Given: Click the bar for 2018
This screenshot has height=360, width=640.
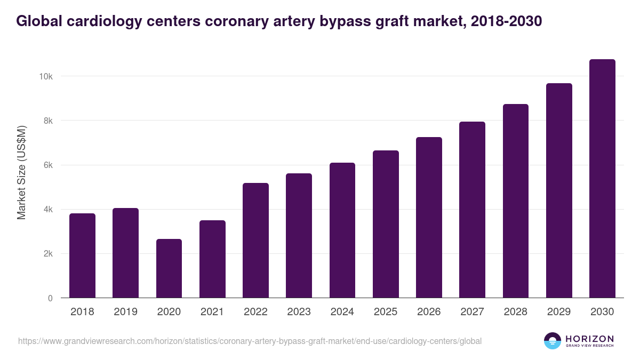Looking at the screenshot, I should (x=82, y=256).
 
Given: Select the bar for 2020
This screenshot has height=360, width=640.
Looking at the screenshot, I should (x=169, y=269).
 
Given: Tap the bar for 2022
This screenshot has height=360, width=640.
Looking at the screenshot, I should (x=255, y=241).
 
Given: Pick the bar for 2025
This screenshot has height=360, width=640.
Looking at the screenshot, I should (x=386, y=225).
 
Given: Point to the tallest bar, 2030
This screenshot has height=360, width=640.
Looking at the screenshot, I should (x=602, y=179).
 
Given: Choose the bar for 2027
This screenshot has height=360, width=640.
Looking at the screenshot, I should (x=472, y=210).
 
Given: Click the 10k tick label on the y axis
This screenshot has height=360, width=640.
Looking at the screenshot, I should (x=46, y=76).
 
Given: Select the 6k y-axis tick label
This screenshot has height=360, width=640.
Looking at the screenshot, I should (x=47, y=165).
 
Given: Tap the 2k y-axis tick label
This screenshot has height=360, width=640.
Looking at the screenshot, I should (x=47, y=254).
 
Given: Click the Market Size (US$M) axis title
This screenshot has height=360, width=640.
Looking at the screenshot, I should (x=21, y=172).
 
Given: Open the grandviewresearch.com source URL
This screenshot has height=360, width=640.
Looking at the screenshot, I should (x=250, y=341).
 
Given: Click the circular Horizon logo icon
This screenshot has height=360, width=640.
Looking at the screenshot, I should (x=553, y=341).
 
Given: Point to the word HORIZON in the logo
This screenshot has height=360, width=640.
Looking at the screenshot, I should (x=590, y=338).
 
